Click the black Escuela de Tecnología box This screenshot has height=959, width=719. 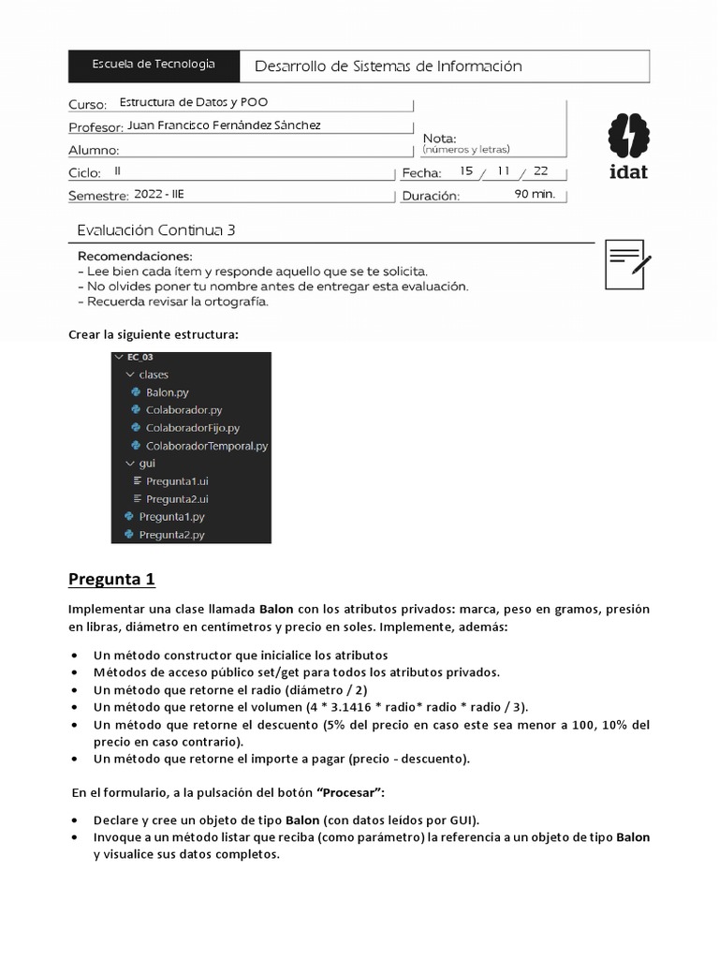[x=154, y=65]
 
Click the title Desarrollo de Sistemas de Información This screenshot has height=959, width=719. [x=388, y=66]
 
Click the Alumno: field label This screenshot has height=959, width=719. [x=94, y=150]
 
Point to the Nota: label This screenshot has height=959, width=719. [x=439, y=138]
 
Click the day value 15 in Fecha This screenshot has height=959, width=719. [x=467, y=171]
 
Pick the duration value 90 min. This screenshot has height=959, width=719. [x=535, y=195]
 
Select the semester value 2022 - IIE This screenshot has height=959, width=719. [x=160, y=195]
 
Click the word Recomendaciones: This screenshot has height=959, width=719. [x=134, y=256]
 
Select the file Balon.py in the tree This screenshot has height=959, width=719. [x=167, y=392]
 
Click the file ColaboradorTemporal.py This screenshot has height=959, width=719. [x=206, y=446]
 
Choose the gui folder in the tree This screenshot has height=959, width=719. [x=146, y=463]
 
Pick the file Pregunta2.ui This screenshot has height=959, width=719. [x=177, y=499]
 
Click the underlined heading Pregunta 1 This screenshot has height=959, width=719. [x=111, y=579]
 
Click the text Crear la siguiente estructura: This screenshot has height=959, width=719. [x=154, y=335]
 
